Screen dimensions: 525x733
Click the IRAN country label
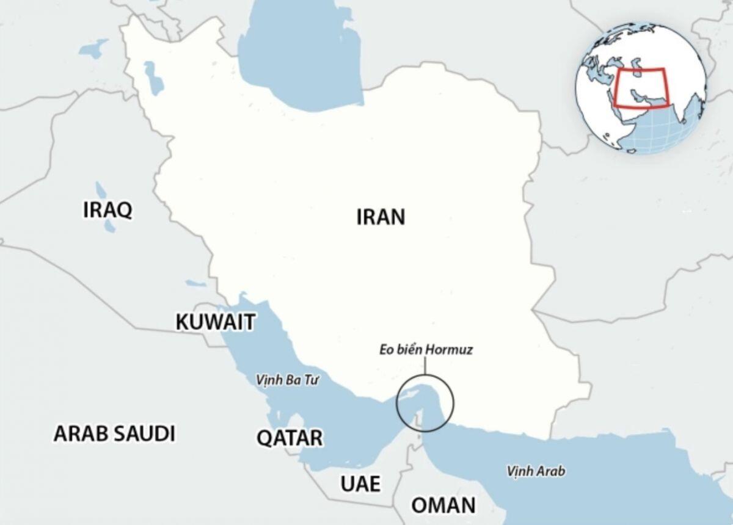pyautogui.click(x=381, y=217)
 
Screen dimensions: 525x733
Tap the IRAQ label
pyautogui.click(x=108, y=211)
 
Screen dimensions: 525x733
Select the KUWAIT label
pyautogui.click(x=215, y=322)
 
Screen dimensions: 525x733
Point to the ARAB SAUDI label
pyautogui.click(x=114, y=434)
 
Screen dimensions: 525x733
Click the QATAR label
pyautogui.click(x=290, y=438)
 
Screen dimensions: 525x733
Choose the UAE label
pyautogui.click(x=360, y=484)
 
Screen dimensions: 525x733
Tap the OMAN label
pyautogui.click(x=443, y=505)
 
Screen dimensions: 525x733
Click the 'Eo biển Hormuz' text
pyautogui.click(x=425, y=351)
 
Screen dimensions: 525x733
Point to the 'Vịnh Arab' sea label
pyautogui.click(x=536, y=471)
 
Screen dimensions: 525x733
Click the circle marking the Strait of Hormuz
pyautogui.click(x=425, y=402)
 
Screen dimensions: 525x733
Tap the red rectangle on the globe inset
pyautogui.click(x=641, y=87)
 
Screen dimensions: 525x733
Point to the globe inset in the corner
pyautogui.click(x=642, y=88)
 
